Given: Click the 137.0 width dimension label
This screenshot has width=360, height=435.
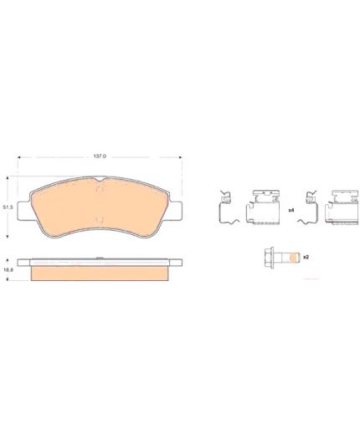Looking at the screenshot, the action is point(100,156).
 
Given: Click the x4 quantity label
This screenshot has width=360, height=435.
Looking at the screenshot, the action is point(291,210).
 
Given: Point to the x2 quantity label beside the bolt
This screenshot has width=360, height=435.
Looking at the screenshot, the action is point(306,257).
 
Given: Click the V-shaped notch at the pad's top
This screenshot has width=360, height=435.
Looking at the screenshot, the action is point(100,179).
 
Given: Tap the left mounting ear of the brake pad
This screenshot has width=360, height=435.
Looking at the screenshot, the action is point(23,211).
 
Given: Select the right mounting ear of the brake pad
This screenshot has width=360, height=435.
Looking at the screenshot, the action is point(176,211).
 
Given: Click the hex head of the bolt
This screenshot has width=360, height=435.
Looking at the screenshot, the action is point(269,257).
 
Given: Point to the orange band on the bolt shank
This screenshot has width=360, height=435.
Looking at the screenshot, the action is point(292,257).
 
